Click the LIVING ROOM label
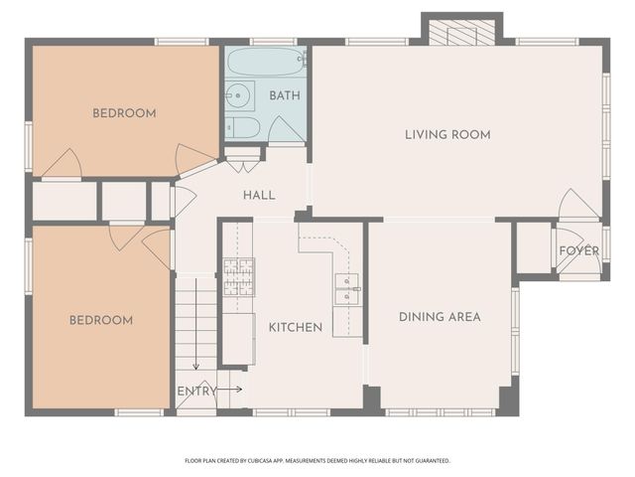(447, 134)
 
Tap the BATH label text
(285, 96)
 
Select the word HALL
(259, 196)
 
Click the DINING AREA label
(440, 317)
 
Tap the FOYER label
(578, 250)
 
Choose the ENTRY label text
(196, 391)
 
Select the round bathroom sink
(238, 96)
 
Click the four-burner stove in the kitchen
(237, 277)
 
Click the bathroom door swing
(286, 130)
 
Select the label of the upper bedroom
(124, 113)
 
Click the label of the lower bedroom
(100, 320)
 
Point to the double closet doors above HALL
(243, 154)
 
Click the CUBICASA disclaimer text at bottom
(317, 460)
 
